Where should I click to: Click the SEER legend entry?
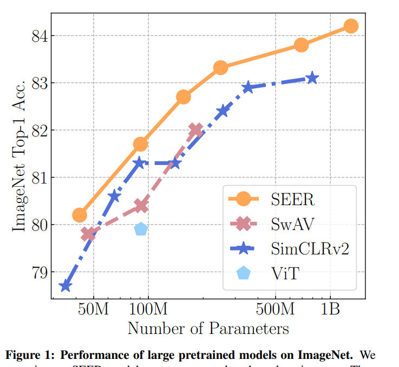(292, 199)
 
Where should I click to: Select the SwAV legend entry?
(292, 223)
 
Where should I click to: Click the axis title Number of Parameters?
(208, 329)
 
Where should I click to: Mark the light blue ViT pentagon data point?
(141, 228)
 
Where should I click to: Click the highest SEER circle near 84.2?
(350, 26)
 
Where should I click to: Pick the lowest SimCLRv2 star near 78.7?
(66, 285)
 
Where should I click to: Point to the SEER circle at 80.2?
(80, 215)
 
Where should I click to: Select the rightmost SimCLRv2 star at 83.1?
(312, 78)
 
